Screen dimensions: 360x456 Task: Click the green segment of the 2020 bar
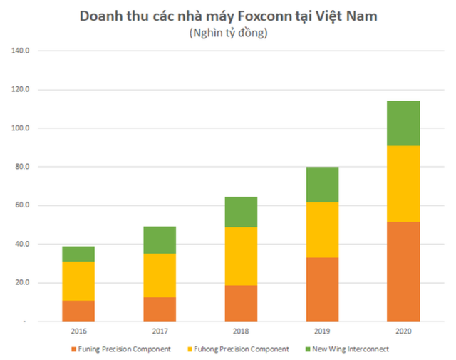click(x=403, y=123)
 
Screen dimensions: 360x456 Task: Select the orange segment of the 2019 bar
click(x=322, y=289)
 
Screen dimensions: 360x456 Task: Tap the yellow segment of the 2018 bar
click(x=241, y=257)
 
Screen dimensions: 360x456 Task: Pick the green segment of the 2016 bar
click(x=78, y=254)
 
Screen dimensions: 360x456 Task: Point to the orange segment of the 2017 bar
click(x=160, y=309)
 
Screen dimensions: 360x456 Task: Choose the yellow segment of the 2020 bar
click(x=403, y=184)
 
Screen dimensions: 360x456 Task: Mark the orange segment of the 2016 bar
click(x=78, y=311)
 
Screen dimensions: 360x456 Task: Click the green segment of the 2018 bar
click(x=241, y=212)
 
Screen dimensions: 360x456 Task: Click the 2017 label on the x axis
click(x=160, y=331)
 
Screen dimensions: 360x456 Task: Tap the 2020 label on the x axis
click(x=403, y=331)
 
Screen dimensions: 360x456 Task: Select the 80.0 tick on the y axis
click(x=21, y=167)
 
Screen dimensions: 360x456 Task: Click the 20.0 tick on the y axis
click(x=21, y=283)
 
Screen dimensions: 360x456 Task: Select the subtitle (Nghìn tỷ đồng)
click(x=228, y=34)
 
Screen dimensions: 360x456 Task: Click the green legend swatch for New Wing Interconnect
click(x=309, y=349)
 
